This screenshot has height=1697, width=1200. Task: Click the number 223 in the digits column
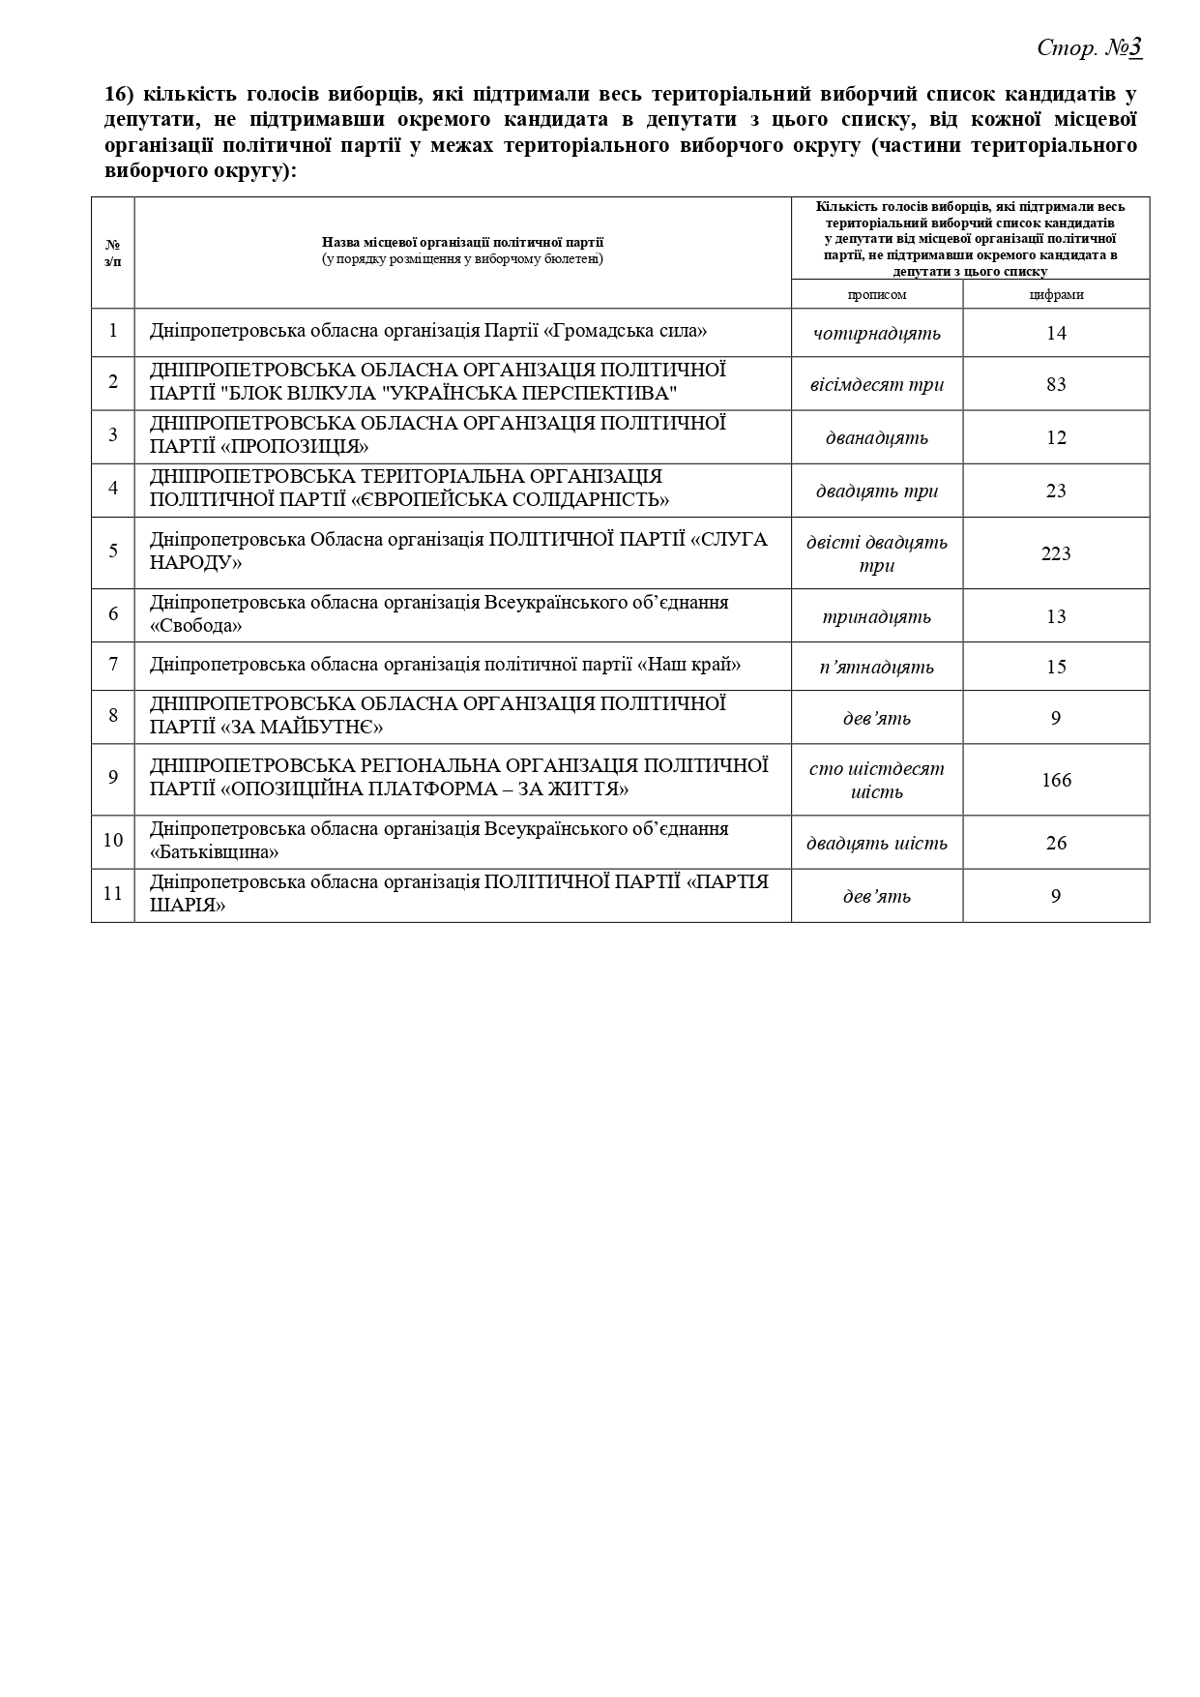coord(1056,553)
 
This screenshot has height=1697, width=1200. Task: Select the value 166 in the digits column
coord(1056,780)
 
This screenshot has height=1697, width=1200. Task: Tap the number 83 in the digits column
coord(1056,384)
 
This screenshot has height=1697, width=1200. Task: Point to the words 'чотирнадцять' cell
coord(876,334)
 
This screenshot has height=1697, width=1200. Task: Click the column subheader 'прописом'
coord(877,294)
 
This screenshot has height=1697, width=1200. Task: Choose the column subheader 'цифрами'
coord(1056,294)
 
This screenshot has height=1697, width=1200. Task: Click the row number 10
coord(113,840)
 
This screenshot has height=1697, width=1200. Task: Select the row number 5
coord(113,551)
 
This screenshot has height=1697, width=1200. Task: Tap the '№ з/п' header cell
coord(113,253)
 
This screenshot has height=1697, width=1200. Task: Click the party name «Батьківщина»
coord(214,852)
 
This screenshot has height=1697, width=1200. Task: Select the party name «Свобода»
coord(195,626)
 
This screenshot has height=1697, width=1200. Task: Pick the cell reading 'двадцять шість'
coord(876,843)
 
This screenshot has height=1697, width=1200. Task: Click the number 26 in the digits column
coord(1056,843)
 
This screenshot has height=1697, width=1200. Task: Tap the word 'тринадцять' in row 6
coord(876,616)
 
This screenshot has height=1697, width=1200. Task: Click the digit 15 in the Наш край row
coord(1056,667)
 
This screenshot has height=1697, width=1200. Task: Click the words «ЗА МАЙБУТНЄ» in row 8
coord(303,727)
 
